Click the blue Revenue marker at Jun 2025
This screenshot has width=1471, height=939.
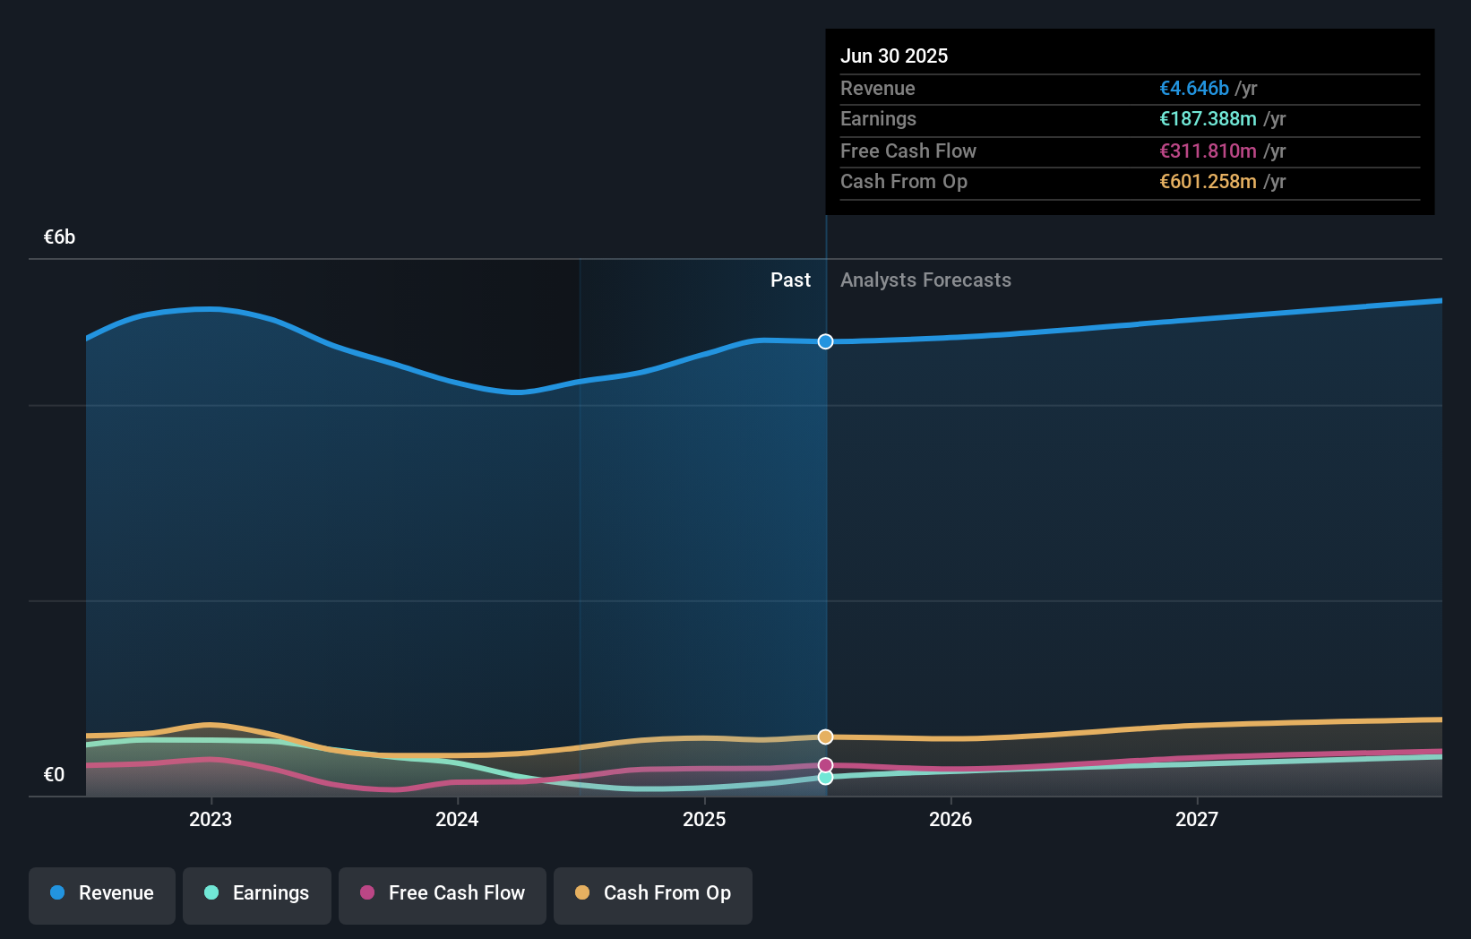click(825, 341)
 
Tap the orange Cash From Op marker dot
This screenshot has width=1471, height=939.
click(825, 737)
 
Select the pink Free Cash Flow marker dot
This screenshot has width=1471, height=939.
click(825, 765)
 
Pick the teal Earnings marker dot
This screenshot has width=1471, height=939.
click(825, 777)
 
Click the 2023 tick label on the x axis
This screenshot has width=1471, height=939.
click(211, 819)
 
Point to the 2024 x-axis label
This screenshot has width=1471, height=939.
click(457, 819)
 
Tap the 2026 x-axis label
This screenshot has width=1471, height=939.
click(951, 819)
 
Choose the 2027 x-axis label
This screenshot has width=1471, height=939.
click(1197, 819)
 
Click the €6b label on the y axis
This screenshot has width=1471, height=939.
click(59, 237)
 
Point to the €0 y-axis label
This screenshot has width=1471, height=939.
click(54, 774)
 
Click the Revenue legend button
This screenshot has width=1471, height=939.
click(102, 893)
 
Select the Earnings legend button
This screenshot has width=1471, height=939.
click(257, 893)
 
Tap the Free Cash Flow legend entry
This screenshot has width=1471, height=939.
click(443, 893)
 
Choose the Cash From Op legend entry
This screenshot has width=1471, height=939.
click(653, 893)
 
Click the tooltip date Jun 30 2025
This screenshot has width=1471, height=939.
click(894, 56)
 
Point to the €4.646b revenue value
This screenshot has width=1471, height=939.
click(1194, 88)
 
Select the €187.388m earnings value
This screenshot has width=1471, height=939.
click(1208, 119)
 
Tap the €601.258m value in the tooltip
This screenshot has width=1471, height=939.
click(1208, 182)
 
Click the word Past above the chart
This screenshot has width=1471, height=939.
click(790, 280)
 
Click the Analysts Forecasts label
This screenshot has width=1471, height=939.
click(925, 280)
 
